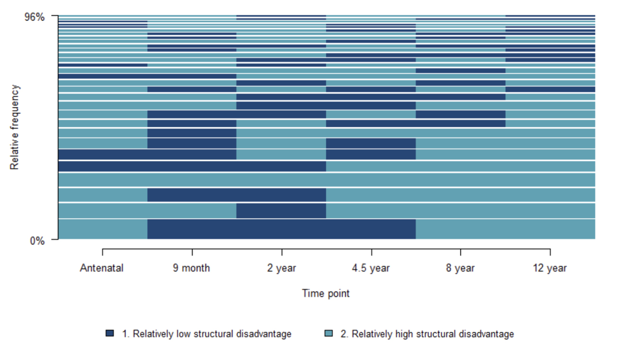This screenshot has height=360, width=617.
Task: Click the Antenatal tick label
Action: (x=102, y=268)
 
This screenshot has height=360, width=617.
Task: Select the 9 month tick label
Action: (x=191, y=268)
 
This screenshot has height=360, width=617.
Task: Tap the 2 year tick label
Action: (x=282, y=268)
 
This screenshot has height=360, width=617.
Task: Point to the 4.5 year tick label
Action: (x=371, y=268)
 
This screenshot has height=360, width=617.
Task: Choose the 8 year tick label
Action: (x=460, y=268)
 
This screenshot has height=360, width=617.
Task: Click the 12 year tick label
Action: (x=550, y=268)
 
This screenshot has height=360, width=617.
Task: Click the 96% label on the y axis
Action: (x=35, y=17)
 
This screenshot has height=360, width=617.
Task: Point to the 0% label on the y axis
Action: (x=37, y=240)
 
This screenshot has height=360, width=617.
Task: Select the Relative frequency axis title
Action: (x=15, y=127)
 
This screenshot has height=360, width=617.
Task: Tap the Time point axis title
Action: (x=325, y=293)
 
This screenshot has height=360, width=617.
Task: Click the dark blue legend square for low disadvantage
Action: (x=110, y=333)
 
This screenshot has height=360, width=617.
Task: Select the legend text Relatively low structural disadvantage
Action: (x=206, y=334)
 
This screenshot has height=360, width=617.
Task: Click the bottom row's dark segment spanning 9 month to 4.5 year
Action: (x=282, y=229)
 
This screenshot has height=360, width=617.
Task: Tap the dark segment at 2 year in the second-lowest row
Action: (x=282, y=211)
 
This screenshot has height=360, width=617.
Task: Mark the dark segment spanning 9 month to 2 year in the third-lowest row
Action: (x=237, y=195)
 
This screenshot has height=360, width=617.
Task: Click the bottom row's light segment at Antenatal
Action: (x=103, y=229)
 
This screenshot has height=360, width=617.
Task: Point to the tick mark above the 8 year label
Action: (x=460, y=252)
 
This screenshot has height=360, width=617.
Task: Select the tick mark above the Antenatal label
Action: (x=103, y=252)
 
